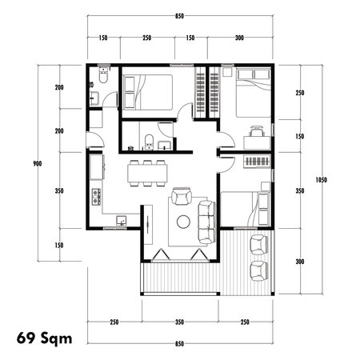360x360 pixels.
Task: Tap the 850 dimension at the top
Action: pos(181,16)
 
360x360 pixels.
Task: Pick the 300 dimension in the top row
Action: pos(240,38)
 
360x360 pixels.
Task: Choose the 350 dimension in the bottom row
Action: pos(180,322)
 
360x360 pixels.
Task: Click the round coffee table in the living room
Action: pos(183,221)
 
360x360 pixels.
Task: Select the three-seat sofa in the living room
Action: pos(205,221)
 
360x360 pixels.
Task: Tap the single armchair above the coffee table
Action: pos(182,197)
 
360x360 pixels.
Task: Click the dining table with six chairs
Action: pos(147,174)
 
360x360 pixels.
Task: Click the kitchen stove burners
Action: pos(96,194)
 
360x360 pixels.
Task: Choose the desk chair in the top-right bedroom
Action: pos(256,131)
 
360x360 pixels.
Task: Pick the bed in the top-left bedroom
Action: pos(147,92)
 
